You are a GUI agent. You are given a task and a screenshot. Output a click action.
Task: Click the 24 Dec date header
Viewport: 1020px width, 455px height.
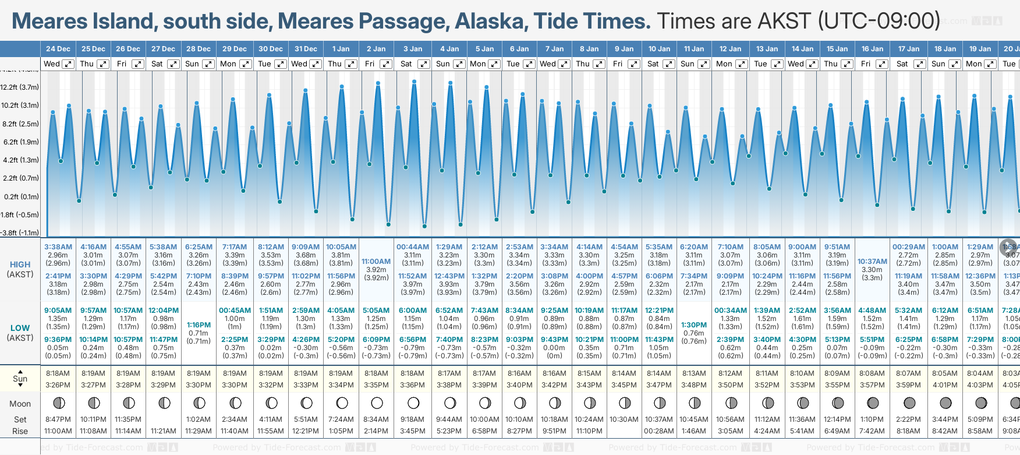pyautogui.click(x=58, y=49)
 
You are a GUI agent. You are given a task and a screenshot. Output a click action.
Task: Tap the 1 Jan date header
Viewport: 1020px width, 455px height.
pyautogui.click(x=341, y=49)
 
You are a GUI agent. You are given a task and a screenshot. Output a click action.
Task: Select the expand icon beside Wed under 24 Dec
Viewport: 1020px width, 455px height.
pyautogui.click(x=68, y=64)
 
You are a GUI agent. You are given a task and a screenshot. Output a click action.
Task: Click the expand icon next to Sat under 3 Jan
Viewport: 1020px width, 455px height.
pyautogui.click(x=424, y=64)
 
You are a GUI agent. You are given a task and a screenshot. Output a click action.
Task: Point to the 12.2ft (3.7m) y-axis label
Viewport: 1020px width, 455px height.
pyautogui.click(x=20, y=87)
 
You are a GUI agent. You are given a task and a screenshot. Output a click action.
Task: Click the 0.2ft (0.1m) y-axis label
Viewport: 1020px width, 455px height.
pyautogui.click(x=20, y=197)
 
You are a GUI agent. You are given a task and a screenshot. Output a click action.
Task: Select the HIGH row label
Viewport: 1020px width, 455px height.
pyautogui.click(x=20, y=264)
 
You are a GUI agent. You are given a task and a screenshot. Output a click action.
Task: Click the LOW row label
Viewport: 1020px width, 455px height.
pyautogui.click(x=20, y=328)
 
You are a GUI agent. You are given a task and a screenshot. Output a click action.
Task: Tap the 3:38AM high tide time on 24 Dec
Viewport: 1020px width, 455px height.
pyautogui.click(x=58, y=247)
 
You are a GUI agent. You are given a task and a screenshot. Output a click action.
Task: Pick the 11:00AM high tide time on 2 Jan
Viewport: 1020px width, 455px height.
pyautogui.click(x=376, y=262)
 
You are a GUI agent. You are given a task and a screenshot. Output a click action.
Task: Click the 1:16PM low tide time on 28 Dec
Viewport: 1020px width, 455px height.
pyautogui.click(x=199, y=325)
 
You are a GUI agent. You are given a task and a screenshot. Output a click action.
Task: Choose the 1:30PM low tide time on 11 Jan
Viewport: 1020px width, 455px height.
pyautogui.click(x=694, y=325)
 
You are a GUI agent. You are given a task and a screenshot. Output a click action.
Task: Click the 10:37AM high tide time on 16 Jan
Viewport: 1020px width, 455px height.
pyautogui.click(x=872, y=262)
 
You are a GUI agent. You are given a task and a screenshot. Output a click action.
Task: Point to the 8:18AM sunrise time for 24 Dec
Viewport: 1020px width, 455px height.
pyautogui.click(x=58, y=373)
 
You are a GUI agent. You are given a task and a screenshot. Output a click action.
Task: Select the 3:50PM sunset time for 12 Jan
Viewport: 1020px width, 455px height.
pyautogui.click(x=730, y=385)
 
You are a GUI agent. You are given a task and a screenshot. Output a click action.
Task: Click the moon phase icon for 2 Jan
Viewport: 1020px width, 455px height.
pyautogui.click(x=377, y=403)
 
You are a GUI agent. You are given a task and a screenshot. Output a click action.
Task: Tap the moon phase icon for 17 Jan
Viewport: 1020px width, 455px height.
pyautogui.click(x=909, y=403)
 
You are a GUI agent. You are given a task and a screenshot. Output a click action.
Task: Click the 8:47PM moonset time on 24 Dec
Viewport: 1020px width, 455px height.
pyautogui.click(x=58, y=419)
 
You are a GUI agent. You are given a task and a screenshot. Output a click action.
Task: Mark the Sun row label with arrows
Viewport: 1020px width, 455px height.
pyautogui.click(x=20, y=379)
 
